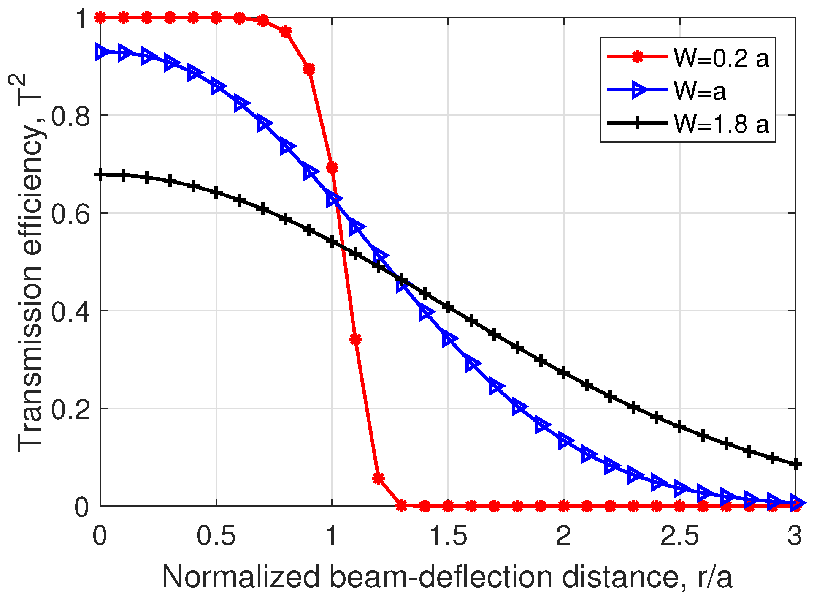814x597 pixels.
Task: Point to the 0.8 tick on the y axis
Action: [70, 115]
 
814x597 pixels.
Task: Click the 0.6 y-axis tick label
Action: [70, 213]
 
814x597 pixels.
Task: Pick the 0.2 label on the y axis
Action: [70, 409]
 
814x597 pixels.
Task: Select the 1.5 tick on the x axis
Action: [448, 536]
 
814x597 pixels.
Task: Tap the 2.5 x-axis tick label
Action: [679, 536]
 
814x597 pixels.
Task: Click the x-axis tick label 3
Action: [795, 536]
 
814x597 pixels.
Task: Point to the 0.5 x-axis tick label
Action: [216, 536]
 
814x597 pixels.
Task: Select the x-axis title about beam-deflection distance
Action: [447, 577]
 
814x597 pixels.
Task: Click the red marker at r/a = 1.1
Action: [355, 339]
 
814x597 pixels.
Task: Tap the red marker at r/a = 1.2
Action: [379, 478]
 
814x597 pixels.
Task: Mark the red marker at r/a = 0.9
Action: [309, 69]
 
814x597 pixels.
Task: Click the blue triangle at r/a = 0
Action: [101, 52]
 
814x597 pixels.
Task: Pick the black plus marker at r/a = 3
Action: [795, 464]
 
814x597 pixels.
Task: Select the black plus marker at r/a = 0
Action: [100, 174]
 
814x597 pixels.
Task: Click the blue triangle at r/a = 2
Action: [565, 441]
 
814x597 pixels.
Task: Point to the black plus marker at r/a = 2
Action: [564, 373]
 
